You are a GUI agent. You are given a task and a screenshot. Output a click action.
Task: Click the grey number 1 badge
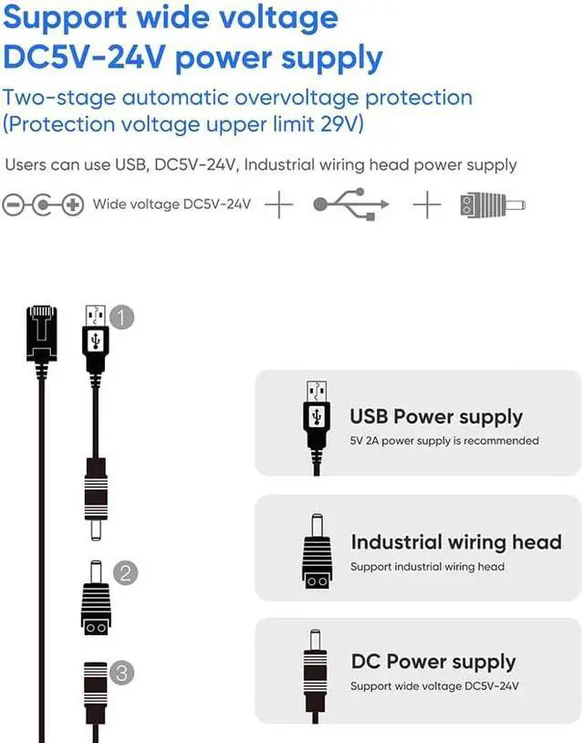coord(122,317)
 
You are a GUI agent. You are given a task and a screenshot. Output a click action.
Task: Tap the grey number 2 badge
coord(125,573)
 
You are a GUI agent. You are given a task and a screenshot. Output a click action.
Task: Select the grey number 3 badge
coord(122,674)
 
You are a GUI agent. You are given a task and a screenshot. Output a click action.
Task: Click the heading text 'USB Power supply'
coord(436,417)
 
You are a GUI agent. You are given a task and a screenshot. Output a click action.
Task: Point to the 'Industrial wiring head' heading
coord(455,541)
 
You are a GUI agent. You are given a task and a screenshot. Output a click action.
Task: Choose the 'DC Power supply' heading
coord(433,662)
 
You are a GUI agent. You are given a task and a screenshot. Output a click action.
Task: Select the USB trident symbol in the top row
coord(351,204)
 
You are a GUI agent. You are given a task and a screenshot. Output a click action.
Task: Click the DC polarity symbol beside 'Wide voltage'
coord(43,204)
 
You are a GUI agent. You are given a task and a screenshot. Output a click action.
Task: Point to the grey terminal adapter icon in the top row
coord(494,204)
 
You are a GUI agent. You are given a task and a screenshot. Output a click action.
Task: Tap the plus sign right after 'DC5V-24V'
coord(278,204)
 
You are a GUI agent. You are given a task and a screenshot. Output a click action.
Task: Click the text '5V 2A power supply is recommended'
coord(444,441)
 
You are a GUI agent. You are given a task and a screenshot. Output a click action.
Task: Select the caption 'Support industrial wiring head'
coord(427,567)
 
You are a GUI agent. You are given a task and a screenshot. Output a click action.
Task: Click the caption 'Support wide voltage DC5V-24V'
coord(434,686)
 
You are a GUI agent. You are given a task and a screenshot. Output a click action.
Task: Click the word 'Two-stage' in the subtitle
coord(58,98)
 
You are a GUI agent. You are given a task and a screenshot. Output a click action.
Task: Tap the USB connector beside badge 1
coord(96,338)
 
